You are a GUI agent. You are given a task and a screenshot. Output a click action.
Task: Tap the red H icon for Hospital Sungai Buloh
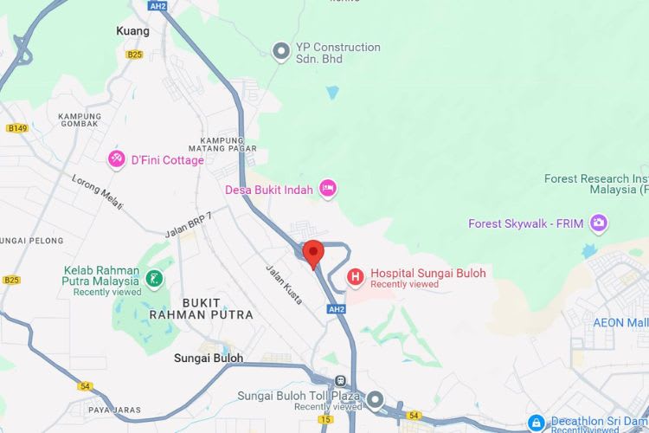[355, 277]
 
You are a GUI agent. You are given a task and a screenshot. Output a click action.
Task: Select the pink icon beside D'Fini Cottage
[116, 159]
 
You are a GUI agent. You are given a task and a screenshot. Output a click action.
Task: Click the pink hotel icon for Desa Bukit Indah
[327, 189]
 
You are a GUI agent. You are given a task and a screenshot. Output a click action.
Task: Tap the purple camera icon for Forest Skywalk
[598, 223]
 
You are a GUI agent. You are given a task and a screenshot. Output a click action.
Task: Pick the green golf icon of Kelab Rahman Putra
[154, 279]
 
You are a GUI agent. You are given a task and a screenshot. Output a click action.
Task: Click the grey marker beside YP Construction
[280, 52]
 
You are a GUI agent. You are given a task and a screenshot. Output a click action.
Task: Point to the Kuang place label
[132, 31]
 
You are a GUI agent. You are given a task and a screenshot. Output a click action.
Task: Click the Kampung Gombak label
[80, 122]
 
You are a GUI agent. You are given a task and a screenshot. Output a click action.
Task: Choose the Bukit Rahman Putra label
[201, 309]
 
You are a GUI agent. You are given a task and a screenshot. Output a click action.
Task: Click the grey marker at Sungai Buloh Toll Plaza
[375, 399]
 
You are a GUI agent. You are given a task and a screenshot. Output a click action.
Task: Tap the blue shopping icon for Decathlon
[537, 423]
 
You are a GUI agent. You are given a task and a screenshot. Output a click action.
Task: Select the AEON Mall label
[620, 322]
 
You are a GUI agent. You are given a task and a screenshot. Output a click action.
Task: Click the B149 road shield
[16, 128]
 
